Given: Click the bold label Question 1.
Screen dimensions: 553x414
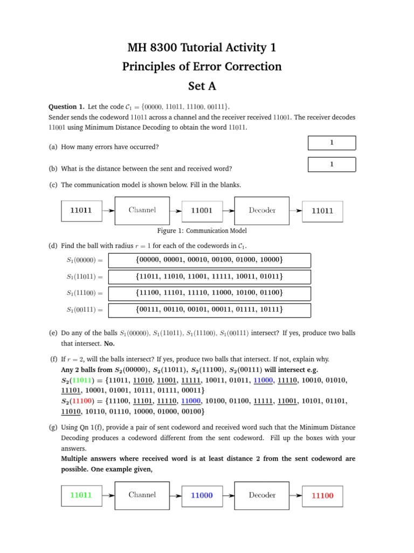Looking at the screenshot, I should (66, 106).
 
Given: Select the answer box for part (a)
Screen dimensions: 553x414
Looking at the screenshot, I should (332, 143).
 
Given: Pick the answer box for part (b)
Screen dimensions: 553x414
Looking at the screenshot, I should (332, 164).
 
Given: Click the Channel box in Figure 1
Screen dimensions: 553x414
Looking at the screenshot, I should (142, 211).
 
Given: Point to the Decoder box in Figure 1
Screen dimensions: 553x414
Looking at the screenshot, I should (262, 211).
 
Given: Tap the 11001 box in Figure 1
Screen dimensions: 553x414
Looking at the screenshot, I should (202, 211).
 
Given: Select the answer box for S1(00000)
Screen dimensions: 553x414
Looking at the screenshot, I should (209, 260).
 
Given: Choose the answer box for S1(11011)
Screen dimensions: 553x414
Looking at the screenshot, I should (209, 277).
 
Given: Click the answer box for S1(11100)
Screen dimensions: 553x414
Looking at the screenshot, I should (209, 293).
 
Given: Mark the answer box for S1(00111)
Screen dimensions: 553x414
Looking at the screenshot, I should (209, 310).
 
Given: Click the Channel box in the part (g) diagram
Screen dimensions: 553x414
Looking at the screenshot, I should (142, 495).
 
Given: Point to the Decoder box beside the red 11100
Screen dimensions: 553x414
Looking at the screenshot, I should (262, 495).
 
